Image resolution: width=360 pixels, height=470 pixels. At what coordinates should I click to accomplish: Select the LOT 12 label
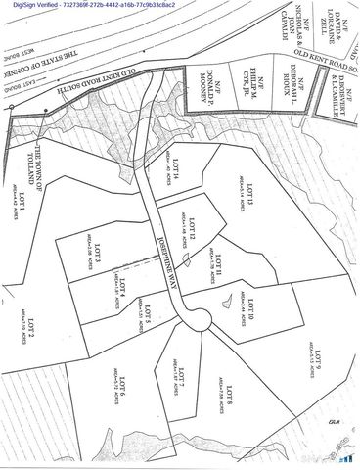point(193,228)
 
